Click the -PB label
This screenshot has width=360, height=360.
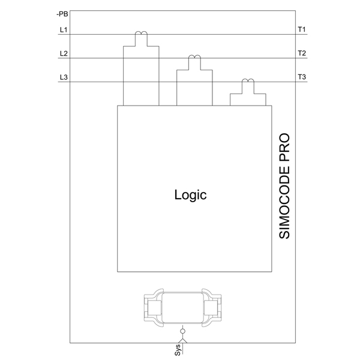click(62, 14)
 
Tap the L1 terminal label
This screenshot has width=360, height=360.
click(64, 29)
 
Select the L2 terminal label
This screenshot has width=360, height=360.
click(64, 53)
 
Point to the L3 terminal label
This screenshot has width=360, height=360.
click(64, 77)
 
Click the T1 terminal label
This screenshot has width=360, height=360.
click(302, 29)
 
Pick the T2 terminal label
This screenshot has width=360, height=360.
click(302, 53)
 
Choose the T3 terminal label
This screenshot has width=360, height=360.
click(302, 77)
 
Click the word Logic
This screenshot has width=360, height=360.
click(190, 195)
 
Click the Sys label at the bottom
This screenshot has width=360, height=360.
click(178, 350)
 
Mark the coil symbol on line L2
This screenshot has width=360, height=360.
click(194, 57)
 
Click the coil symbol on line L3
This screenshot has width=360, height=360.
click(248, 81)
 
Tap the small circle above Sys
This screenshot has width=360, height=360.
click(182, 331)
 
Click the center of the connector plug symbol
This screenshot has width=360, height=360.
click(182, 308)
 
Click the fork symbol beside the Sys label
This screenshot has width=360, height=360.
click(182, 340)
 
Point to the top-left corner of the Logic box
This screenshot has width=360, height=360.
click(118, 106)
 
